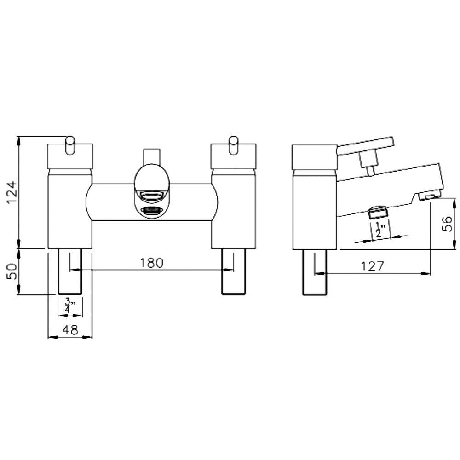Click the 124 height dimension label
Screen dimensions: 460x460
pos(12,192)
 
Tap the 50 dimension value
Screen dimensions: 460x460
pos(12,271)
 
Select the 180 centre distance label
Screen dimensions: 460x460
pos(151,263)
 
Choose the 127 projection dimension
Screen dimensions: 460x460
pos(372,266)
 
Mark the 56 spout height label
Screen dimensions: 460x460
pos(448,224)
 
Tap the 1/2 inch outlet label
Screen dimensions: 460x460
pos(380,230)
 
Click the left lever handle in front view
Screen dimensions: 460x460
pos(70,145)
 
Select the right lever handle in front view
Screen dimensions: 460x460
pos(234,145)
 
